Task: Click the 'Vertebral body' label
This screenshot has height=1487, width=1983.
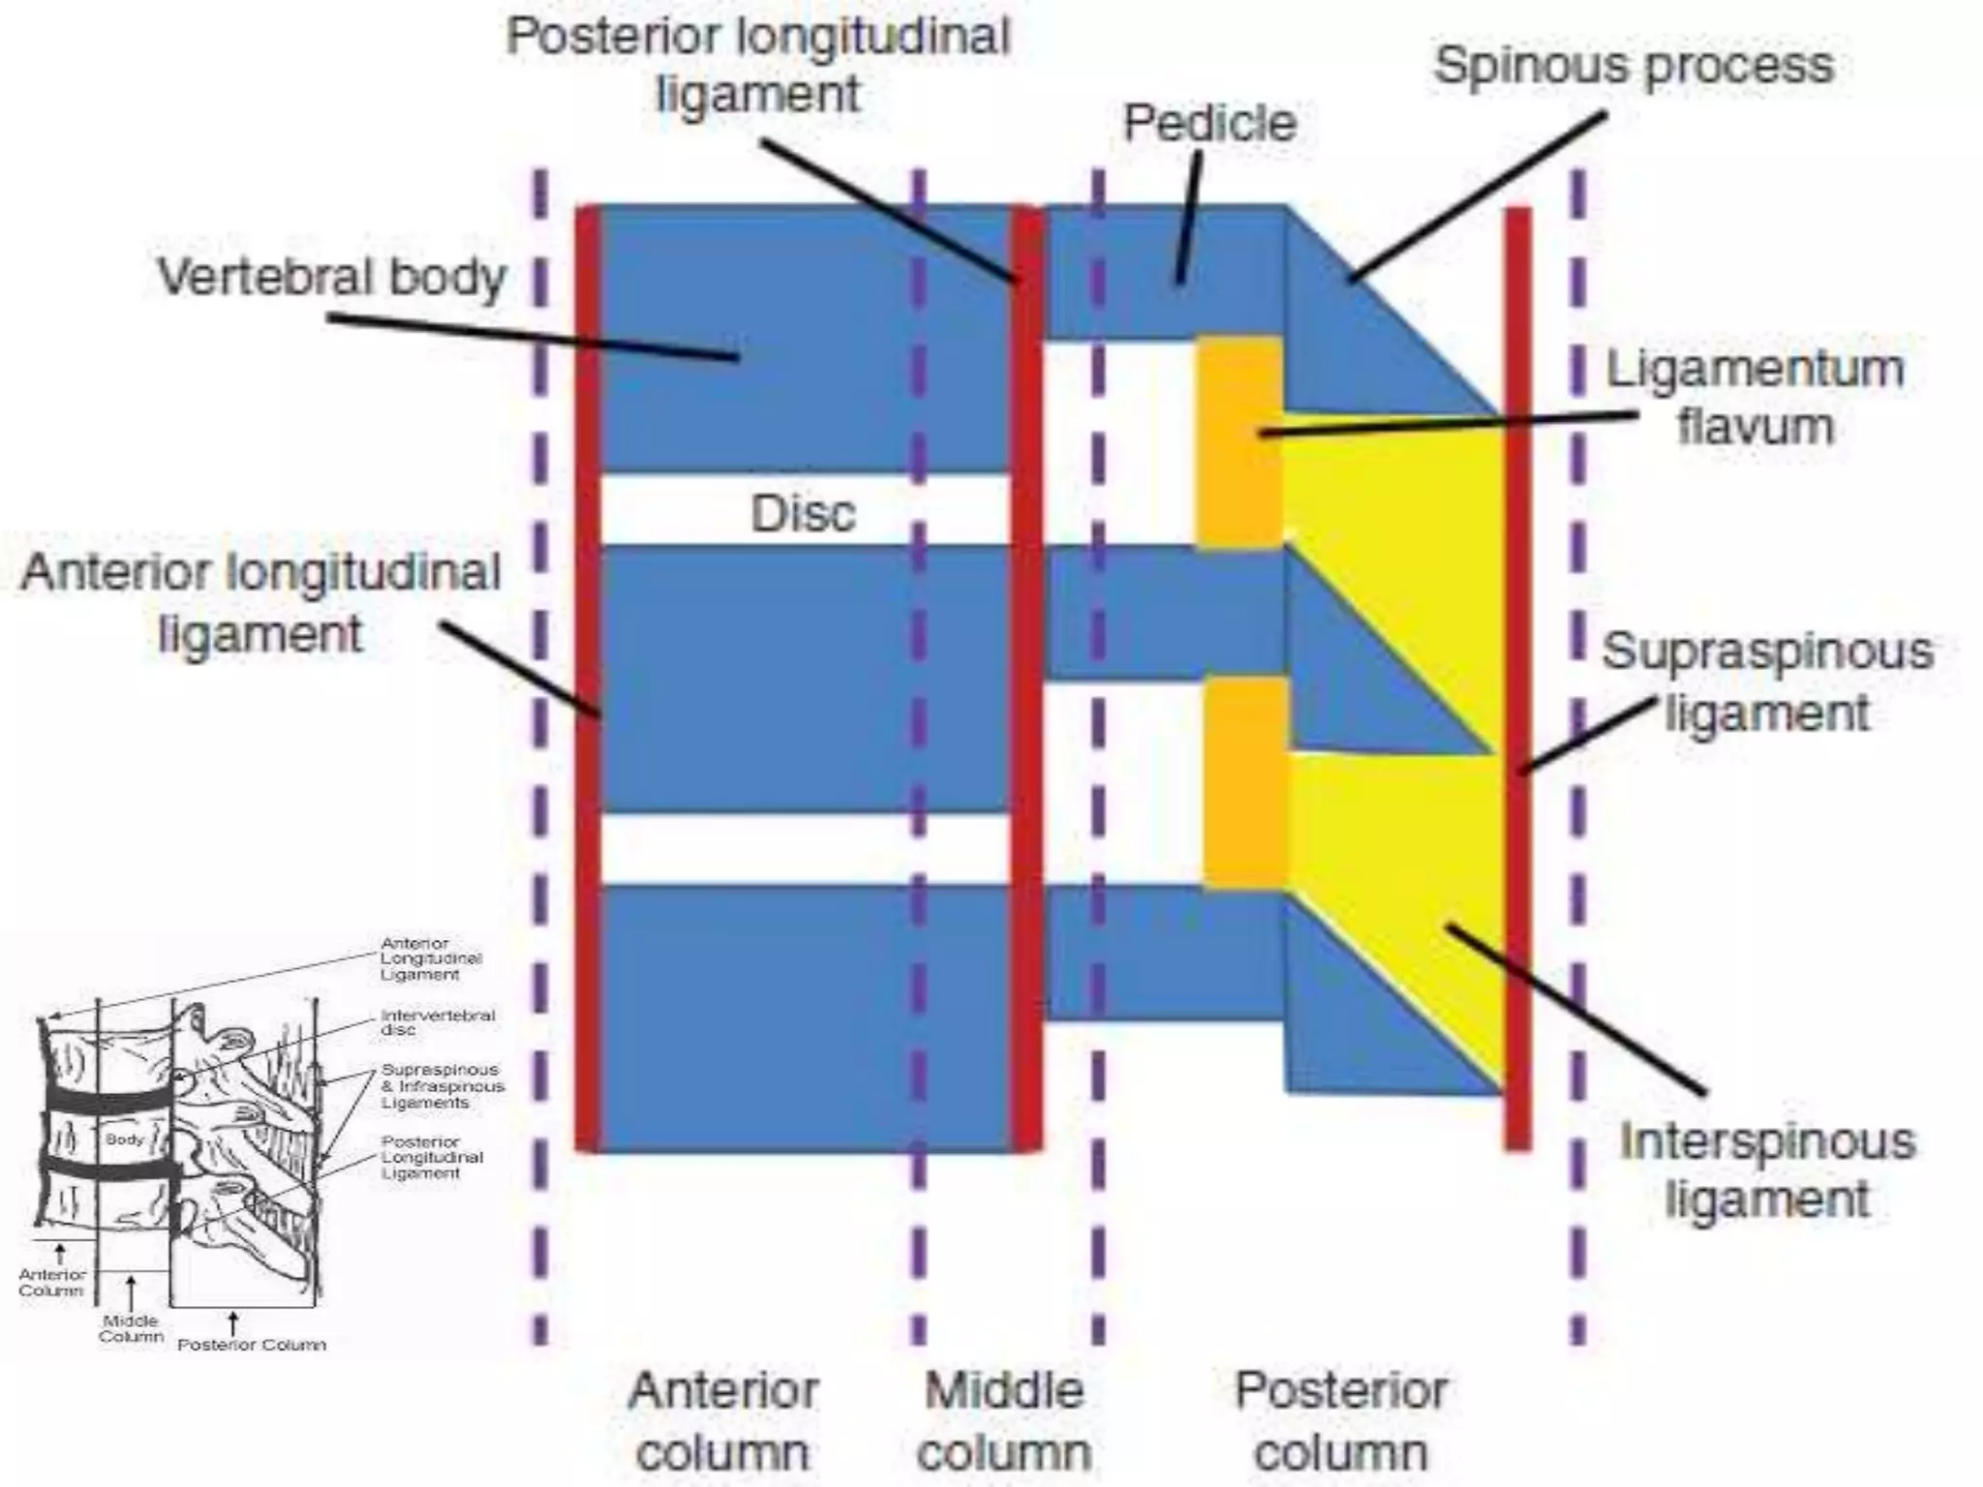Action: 331,277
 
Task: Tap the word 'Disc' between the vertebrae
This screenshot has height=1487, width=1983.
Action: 803,513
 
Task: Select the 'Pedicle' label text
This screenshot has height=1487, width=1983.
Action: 1208,124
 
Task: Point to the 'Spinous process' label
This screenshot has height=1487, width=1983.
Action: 1633,66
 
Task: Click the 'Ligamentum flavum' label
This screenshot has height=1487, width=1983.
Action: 1754,397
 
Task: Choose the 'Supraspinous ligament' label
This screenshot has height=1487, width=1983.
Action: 1766,682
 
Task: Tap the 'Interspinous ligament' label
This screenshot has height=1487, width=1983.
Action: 1766,1169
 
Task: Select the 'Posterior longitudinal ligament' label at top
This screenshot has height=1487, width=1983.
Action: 758,66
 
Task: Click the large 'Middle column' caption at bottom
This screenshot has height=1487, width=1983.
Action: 1004,1421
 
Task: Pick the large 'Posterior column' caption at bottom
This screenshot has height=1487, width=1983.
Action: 1341,1421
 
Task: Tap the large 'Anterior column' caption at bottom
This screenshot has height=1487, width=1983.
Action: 723,1421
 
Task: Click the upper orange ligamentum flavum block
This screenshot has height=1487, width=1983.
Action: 1240,443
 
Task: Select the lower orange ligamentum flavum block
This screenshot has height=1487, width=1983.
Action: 1245,782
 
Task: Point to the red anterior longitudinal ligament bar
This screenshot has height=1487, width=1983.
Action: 588,871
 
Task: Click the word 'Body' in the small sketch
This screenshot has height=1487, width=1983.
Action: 125,1139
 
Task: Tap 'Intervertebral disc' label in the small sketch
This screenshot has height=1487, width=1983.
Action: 438,1022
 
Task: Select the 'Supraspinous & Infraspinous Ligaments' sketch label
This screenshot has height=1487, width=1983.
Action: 442,1086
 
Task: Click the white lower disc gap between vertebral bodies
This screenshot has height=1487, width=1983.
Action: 804,848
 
